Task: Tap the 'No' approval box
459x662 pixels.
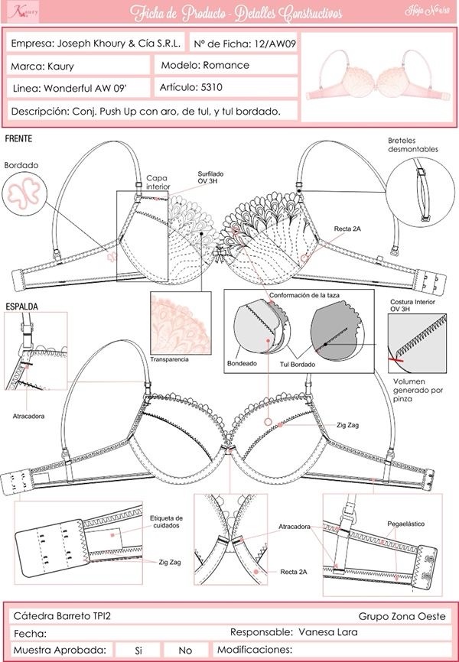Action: pyautogui.click(x=185, y=650)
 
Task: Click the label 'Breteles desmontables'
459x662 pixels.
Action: pyautogui.click(x=412, y=144)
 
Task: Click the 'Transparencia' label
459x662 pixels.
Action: pyautogui.click(x=170, y=359)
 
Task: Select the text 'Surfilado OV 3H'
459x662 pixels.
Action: pyautogui.click(x=203, y=177)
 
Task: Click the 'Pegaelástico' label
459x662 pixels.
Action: pyautogui.click(x=406, y=524)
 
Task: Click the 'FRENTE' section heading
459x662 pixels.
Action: pyautogui.click(x=18, y=141)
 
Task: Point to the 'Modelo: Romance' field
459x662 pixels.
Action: pyautogui.click(x=205, y=66)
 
